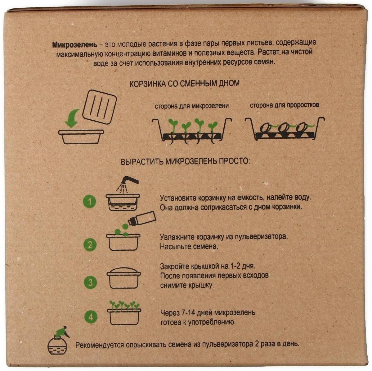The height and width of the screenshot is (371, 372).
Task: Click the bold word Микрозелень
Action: click(75, 44)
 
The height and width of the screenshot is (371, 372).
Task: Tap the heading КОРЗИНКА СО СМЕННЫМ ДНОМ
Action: click(184, 83)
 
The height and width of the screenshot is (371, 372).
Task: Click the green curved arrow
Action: click(72, 118)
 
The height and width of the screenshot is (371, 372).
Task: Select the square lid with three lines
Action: click(99, 107)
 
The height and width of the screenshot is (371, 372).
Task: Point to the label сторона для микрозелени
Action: click(192, 106)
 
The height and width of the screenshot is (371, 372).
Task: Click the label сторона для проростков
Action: click(285, 105)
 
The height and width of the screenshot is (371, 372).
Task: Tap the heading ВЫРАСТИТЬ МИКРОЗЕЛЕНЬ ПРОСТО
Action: click(185, 161)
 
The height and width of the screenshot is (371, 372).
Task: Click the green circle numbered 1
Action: click(90, 202)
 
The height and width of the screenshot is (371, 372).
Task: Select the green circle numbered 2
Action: click(90, 245)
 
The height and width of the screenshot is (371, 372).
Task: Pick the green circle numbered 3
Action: click(90, 282)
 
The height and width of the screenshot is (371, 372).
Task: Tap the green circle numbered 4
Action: click(91, 317)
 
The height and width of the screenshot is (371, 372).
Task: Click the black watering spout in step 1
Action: click(129, 180)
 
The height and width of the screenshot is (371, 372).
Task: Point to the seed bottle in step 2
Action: click(142, 218)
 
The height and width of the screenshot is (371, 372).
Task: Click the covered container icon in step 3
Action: click(123, 278)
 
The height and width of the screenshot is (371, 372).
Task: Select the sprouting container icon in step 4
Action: click(124, 313)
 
